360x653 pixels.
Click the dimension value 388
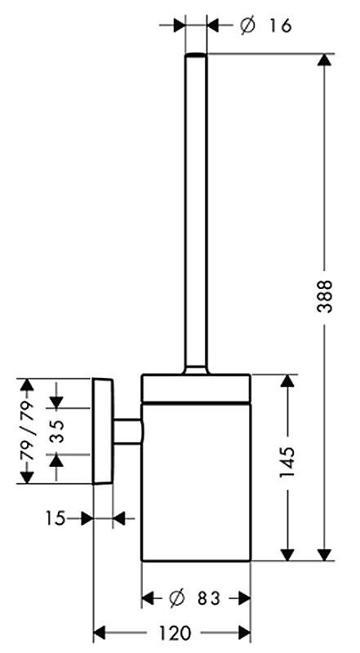pos(324,296)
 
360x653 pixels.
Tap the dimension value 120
pos(174,633)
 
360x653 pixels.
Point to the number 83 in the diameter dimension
pos(208,599)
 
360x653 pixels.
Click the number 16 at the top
pos(279,26)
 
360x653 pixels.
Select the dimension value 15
pos(56,518)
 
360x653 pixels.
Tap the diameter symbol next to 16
pos(247,26)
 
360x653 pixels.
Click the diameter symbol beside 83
pos(176,599)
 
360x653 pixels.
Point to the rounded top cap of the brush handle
pos(196,56)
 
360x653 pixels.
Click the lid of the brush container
pos(196,389)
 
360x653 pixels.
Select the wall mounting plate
pos(103,431)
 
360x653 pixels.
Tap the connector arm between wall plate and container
pos(127,431)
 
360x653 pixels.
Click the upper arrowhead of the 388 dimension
pos(324,60)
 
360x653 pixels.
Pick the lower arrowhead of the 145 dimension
pos(287,554)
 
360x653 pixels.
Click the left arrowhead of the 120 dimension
pos(99,633)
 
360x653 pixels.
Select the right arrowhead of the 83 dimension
pos(244,599)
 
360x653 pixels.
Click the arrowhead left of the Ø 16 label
pos(179,26)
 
